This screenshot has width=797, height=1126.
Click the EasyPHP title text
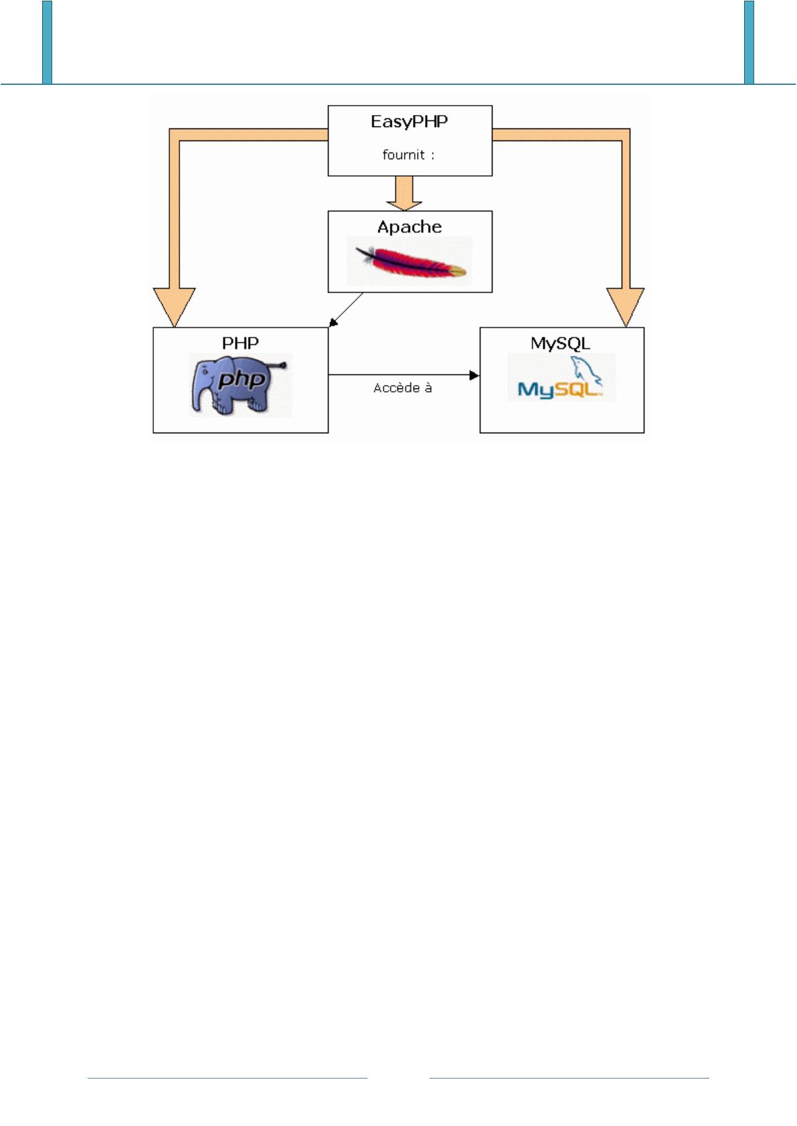tap(409, 122)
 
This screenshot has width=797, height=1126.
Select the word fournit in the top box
tap(404, 154)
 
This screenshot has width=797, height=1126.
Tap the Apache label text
tap(410, 227)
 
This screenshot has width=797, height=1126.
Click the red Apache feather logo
tap(410, 261)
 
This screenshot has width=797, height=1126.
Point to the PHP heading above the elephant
tap(240, 343)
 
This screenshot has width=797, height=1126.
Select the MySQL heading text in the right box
tap(561, 343)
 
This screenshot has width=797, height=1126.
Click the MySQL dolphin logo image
tap(561, 378)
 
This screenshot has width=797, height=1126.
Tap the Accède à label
tap(402, 388)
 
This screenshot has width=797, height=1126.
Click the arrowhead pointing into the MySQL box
tap(475, 375)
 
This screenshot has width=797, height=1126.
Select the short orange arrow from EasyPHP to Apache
tap(404, 193)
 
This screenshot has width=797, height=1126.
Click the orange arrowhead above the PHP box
tap(174, 306)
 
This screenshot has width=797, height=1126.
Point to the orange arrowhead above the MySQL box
tap(626, 306)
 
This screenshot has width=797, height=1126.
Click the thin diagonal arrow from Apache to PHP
tap(347, 310)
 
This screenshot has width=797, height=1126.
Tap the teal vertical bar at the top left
tap(47, 41)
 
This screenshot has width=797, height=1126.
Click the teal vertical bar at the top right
tap(749, 41)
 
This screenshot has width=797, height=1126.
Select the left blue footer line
tap(228, 1078)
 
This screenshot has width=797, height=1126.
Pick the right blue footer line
tap(569, 1078)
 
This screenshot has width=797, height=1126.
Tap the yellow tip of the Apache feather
tap(457, 271)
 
